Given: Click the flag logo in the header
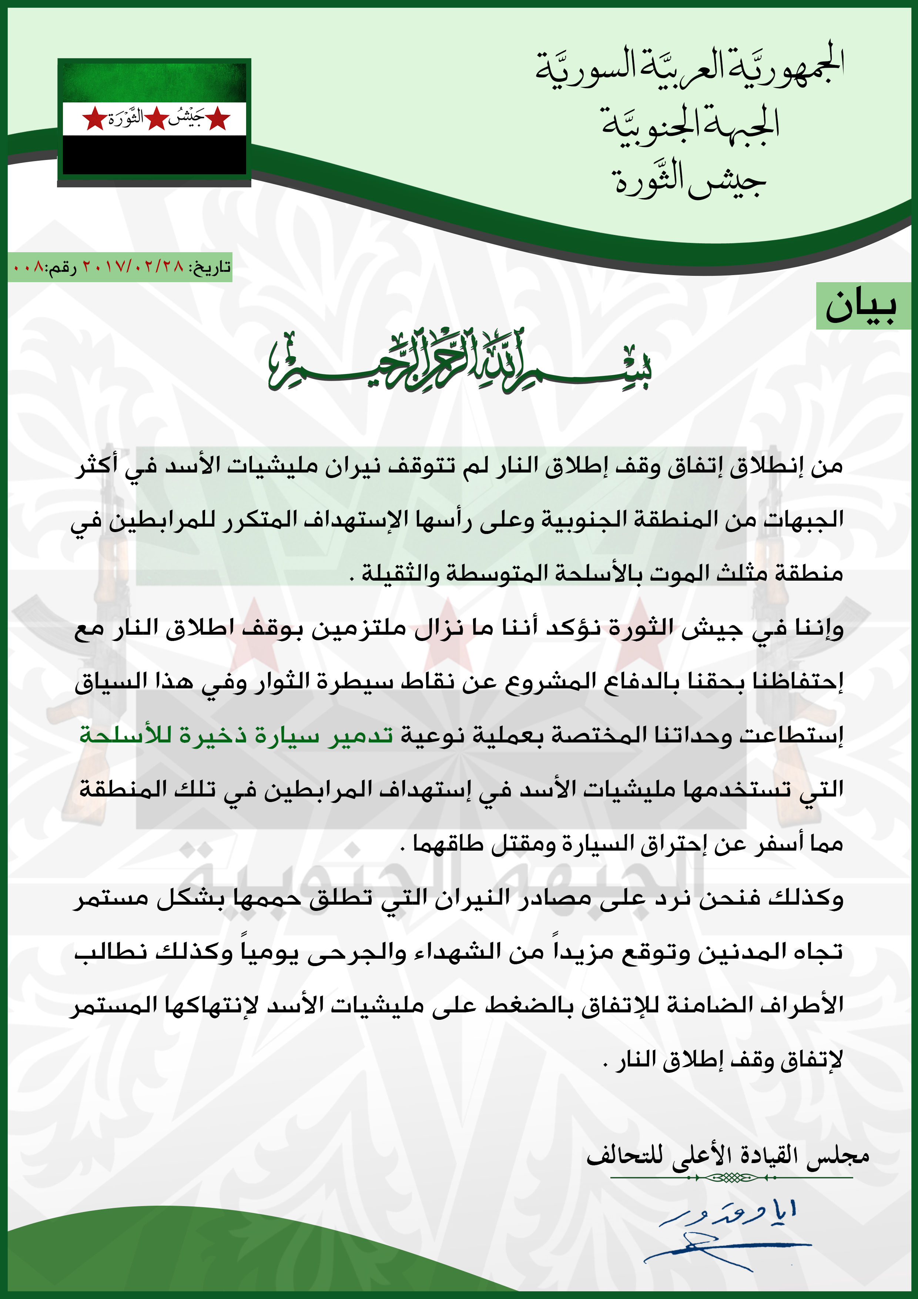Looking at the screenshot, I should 154,122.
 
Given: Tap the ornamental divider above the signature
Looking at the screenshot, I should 731,1178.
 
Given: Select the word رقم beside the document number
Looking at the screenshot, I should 62,267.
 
